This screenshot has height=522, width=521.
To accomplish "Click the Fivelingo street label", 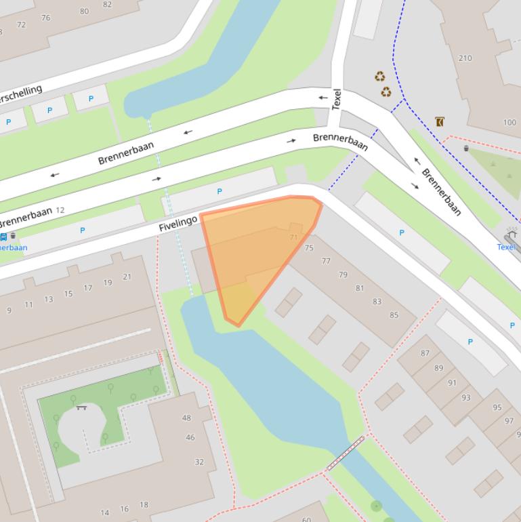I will pos(178,222).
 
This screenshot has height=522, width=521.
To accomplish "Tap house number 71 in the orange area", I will pos(293,237).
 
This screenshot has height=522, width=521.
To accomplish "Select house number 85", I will pos(394,315).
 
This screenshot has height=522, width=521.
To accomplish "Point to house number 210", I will pos(465,58).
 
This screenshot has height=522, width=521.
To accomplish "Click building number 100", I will pos(509,123).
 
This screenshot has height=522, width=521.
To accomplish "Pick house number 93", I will pos(465,398).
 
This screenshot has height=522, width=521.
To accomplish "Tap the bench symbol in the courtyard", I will pos(82,407).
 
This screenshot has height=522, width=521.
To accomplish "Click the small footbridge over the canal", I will pos(346,454).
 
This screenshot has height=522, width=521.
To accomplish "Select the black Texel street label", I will pos(337,100).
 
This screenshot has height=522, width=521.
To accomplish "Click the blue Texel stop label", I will pos(505,247).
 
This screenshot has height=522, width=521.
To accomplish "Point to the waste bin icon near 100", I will pos(466,148).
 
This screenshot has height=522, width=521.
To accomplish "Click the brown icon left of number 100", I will pos(440,122).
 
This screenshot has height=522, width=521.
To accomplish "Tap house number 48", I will pos(186,418).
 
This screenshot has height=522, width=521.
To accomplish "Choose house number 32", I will pos(199,462).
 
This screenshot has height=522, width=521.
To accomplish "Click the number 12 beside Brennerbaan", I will pos(60,210).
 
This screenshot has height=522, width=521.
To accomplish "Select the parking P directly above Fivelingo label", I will pos(219,192).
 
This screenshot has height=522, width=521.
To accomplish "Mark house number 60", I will pos(306,519).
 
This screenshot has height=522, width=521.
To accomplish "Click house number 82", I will pos(108,4).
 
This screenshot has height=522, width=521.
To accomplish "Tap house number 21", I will pos(127,277).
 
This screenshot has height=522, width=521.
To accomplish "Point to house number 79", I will pos(343,275).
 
